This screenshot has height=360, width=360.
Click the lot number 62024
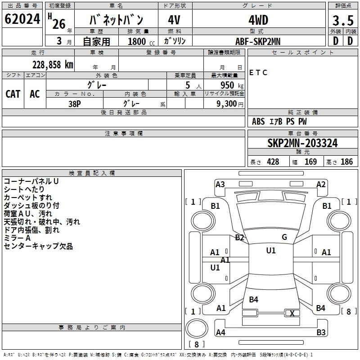[x=22, y=19]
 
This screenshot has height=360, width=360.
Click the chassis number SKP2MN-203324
[x=302, y=143]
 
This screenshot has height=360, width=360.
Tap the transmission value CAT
[x=13, y=94]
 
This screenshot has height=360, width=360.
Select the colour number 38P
[x=75, y=103]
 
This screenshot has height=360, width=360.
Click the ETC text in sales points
[x=258, y=73]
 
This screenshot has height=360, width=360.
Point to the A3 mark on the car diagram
[x=220, y=184]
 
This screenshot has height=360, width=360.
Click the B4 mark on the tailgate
[x=253, y=299]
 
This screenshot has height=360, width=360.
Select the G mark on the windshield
[x=284, y=237]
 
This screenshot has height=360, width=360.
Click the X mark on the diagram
[x=292, y=314]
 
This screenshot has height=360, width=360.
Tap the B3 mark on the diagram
[x=321, y=333]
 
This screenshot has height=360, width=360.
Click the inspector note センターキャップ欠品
[x=38, y=246]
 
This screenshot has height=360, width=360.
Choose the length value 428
[x=273, y=162]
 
